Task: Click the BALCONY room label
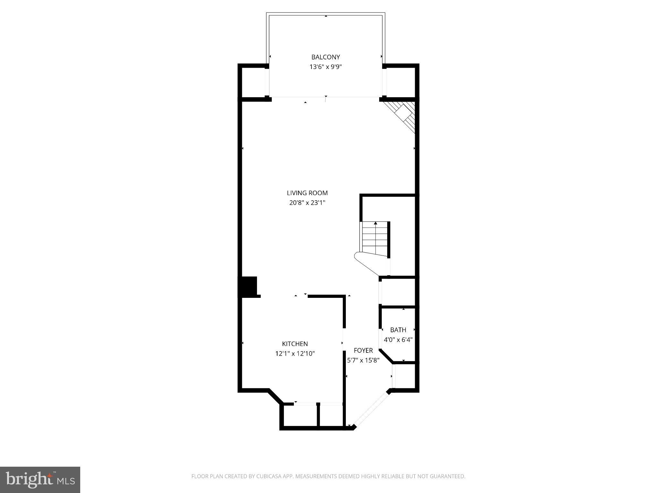325,57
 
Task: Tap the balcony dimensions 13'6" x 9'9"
325,67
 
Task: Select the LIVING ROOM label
307,193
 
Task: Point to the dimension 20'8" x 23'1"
307,203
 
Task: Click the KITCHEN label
295,344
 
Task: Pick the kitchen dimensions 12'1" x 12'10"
295,354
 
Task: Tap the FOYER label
363,350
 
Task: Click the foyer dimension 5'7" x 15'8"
363,360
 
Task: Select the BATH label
398,330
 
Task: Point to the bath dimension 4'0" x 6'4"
398,340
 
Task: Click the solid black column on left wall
249,286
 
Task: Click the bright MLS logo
40,480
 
